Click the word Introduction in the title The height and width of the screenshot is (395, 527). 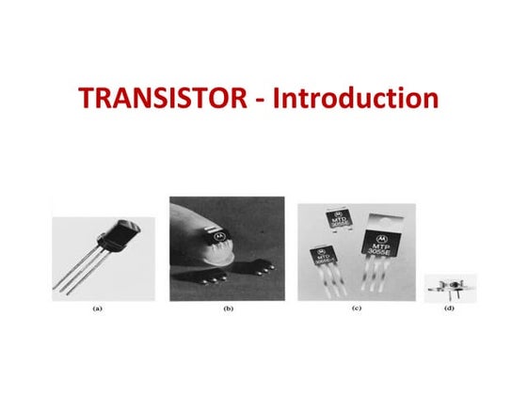[x=356, y=98]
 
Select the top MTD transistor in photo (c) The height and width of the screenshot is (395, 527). [x=340, y=222]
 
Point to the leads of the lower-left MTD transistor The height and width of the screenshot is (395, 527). [x=323, y=282]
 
